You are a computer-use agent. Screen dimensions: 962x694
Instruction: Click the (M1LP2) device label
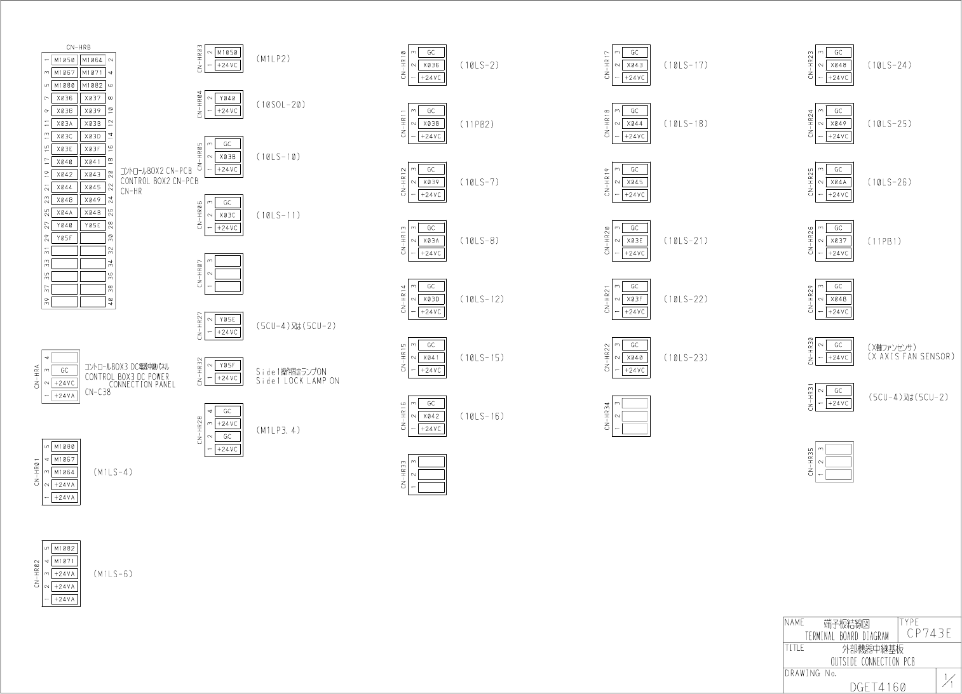[273, 59]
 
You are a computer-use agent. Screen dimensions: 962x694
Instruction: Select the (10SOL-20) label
[281, 105]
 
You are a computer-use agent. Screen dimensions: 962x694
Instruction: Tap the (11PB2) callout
[477, 124]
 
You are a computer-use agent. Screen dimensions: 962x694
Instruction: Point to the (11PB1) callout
[884, 241]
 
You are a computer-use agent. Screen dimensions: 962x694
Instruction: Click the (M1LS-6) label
[113, 574]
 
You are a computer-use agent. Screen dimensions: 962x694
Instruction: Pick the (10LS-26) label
[890, 182]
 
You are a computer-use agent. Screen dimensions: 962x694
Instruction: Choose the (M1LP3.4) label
[278, 430]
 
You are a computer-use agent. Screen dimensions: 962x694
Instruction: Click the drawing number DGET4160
[877, 686]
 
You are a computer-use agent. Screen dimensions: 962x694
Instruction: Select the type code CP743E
[929, 633]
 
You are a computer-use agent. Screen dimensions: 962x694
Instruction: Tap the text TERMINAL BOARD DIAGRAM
[846, 636]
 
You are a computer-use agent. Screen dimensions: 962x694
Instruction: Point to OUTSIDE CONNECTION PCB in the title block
[872, 662]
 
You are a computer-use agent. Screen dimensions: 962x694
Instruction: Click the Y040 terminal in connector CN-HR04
[227, 98]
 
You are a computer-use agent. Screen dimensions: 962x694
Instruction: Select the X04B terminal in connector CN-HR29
[839, 299]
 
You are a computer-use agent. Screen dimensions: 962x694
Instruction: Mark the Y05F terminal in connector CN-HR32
[227, 366]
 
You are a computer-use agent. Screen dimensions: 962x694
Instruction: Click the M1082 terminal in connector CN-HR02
[65, 549]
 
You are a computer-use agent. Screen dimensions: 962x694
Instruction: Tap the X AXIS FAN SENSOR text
[911, 357]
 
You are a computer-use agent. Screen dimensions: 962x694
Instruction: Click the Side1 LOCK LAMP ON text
[297, 381]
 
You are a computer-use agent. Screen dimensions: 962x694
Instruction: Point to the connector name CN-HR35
[810, 462]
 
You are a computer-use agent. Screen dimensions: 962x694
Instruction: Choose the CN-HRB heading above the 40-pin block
[78, 47]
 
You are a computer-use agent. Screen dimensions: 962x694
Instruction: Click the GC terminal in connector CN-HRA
[65, 370]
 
